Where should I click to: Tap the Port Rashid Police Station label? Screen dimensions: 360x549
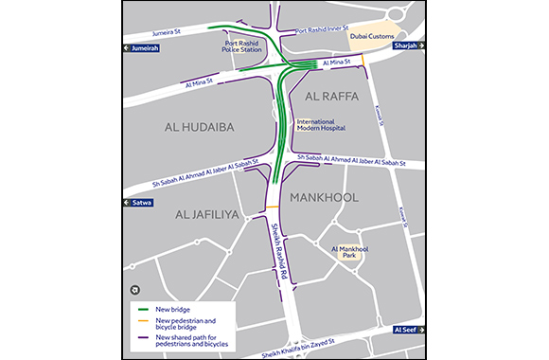pos(243,45)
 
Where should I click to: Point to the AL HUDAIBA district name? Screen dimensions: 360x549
pos(199,126)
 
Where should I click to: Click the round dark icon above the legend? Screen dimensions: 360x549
pos(133,291)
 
